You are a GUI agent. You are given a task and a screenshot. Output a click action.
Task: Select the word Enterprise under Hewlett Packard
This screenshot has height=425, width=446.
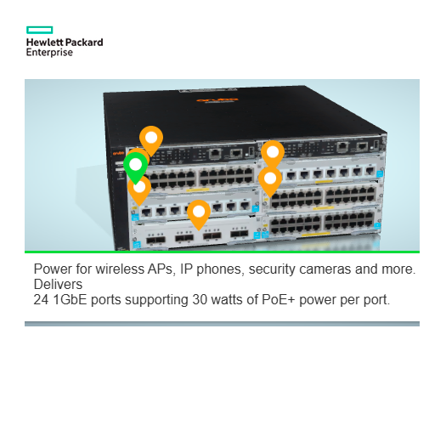49,53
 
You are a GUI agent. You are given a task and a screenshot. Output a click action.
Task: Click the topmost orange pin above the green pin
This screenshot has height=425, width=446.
150,138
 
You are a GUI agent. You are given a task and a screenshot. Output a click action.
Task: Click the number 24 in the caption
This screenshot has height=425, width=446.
42,300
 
